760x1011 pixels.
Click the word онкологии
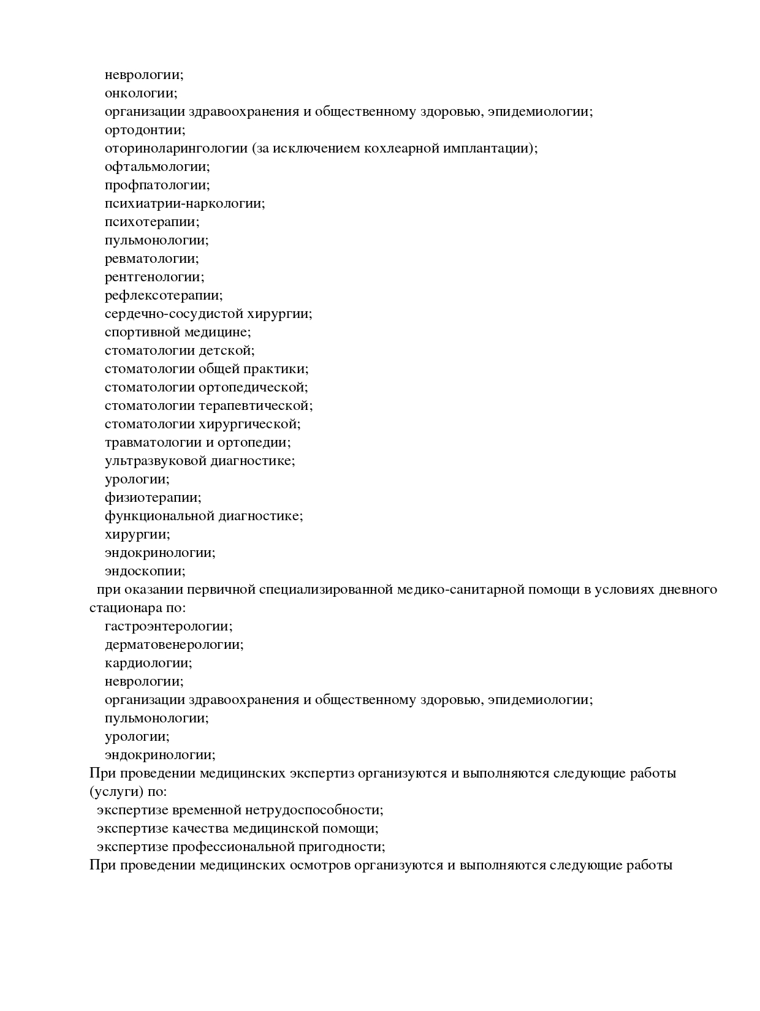(x=140, y=93)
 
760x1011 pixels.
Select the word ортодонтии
(x=145, y=130)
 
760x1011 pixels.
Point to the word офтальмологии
(x=157, y=167)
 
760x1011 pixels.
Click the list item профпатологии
(x=157, y=185)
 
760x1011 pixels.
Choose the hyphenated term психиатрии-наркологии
(x=184, y=203)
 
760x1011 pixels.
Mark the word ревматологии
(x=151, y=259)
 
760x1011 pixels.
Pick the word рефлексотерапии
(x=164, y=295)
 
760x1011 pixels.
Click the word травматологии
(x=153, y=442)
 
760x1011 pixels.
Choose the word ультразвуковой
(x=155, y=461)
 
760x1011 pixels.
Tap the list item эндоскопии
(x=145, y=571)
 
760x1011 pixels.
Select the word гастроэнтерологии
(x=169, y=626)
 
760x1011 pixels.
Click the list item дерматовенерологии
(x=174, y=645)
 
